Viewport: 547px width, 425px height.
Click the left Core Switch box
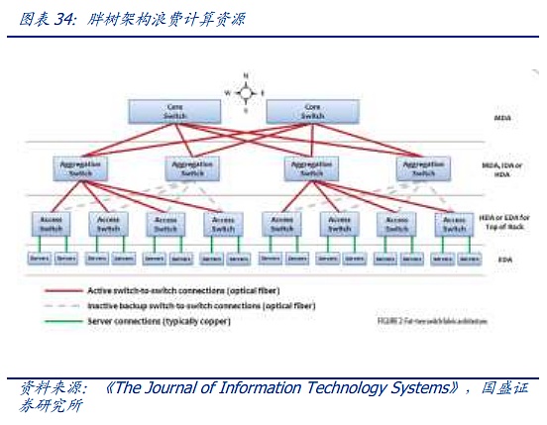[174, 111]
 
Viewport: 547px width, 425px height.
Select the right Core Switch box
[312, 111]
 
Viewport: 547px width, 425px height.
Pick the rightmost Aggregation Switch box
[423, 168]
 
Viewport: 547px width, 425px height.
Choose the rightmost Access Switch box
[454, 224]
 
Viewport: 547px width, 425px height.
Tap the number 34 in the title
[56, 17]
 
